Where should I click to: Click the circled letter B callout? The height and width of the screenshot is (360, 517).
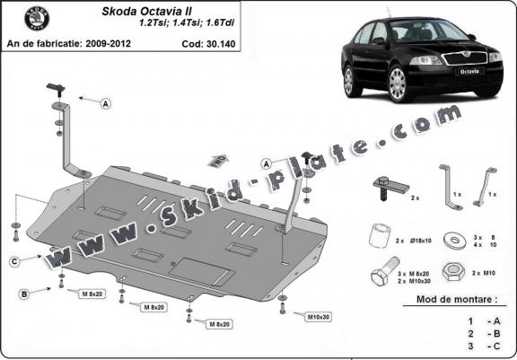click(24, 294)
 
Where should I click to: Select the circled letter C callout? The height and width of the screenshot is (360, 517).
click(15, 261)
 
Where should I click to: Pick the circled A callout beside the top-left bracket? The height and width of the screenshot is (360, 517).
click(106, 104)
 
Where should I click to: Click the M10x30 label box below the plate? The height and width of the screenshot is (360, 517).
click(317, 317)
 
